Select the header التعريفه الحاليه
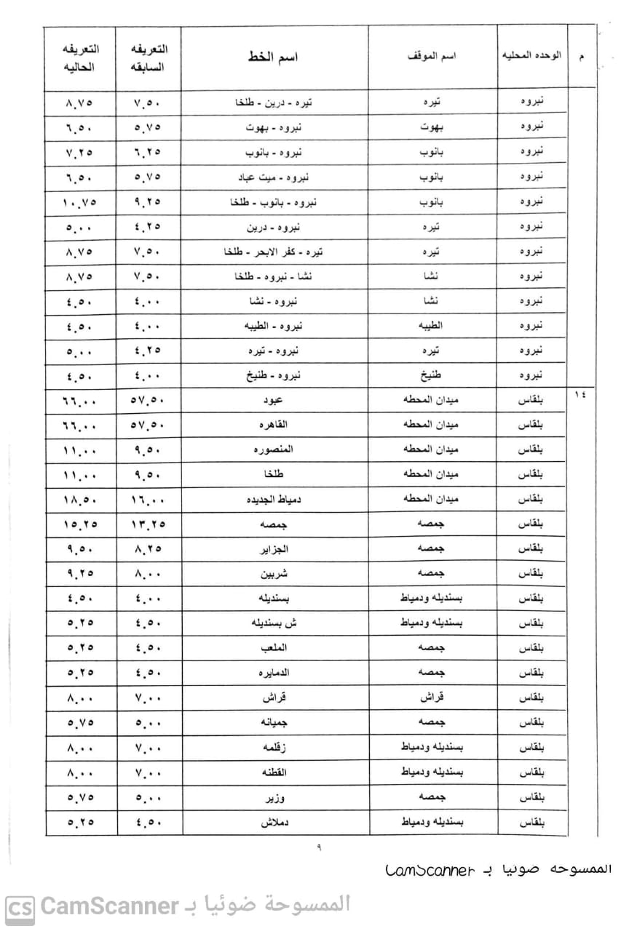coord(81,57)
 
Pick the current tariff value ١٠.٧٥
coord(81,202)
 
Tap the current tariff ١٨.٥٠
coord(81,500)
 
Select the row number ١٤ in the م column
coord(580,396)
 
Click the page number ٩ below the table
coord(318,847)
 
